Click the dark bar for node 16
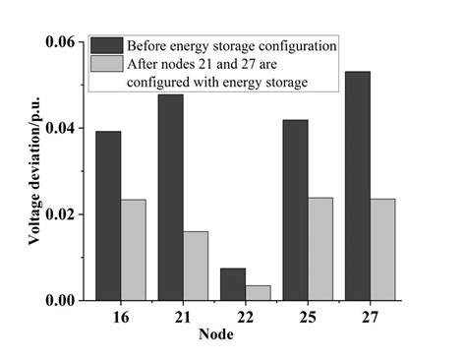(109, 215)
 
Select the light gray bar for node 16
(133, 250)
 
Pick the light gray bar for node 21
(196, 266)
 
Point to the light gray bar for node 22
(258, 292)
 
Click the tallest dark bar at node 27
(357, 186)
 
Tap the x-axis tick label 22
(246, 317)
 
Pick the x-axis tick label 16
(121, 317)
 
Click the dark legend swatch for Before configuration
(104, 45)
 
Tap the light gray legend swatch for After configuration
(104, 65)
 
